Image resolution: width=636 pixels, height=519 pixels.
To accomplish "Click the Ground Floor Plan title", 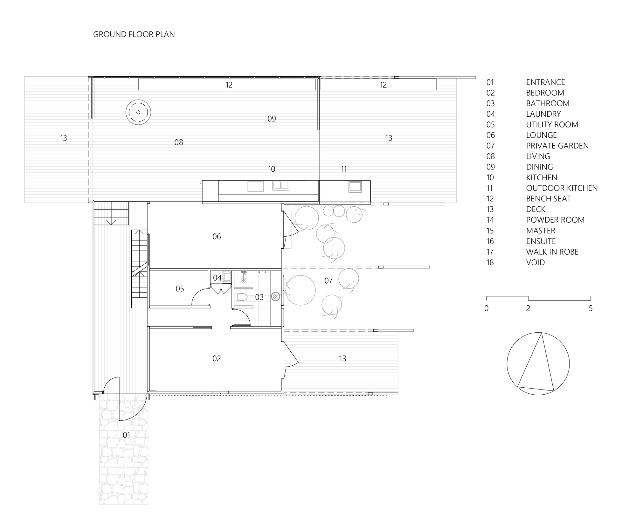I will [x=134, y=34].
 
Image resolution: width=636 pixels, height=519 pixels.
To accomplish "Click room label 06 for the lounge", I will [x=217, y=237].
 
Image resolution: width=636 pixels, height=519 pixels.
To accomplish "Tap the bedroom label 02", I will [x=217, y=359].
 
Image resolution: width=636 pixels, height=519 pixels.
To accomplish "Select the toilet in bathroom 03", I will [x=241, y=297].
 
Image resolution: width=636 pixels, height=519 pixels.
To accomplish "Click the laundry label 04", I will [x=217, y=278].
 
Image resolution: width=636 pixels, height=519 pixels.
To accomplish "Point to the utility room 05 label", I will [x=180, y=289].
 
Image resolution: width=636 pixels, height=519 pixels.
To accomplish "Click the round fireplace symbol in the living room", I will [x=138, y=112].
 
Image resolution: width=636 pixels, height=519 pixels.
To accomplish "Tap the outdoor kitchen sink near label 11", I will [x=355, y=186].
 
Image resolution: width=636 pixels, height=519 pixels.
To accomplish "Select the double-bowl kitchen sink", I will [x=280, y=185].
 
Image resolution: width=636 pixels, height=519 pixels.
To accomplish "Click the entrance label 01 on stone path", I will [x=126, y=435].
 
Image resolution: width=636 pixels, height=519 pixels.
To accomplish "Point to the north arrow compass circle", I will [x=538, y=364].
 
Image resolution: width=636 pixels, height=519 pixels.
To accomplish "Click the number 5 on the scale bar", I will [x=591, y=308].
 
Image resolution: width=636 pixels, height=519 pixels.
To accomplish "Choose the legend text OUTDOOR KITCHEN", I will [x=562, y=188].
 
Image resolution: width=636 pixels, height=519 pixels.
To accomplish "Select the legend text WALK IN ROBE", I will [x=552, y=252].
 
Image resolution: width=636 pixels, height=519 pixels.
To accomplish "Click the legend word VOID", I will [x=536, y=263].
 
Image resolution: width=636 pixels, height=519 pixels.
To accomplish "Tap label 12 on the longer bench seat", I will [x=229, y=85].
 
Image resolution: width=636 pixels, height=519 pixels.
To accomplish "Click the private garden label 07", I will [x=328, y=281].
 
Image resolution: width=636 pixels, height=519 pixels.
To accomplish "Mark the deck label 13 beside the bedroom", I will [x=342, y=359].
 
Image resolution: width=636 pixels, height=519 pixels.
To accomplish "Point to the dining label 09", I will [x=272, y=119].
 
